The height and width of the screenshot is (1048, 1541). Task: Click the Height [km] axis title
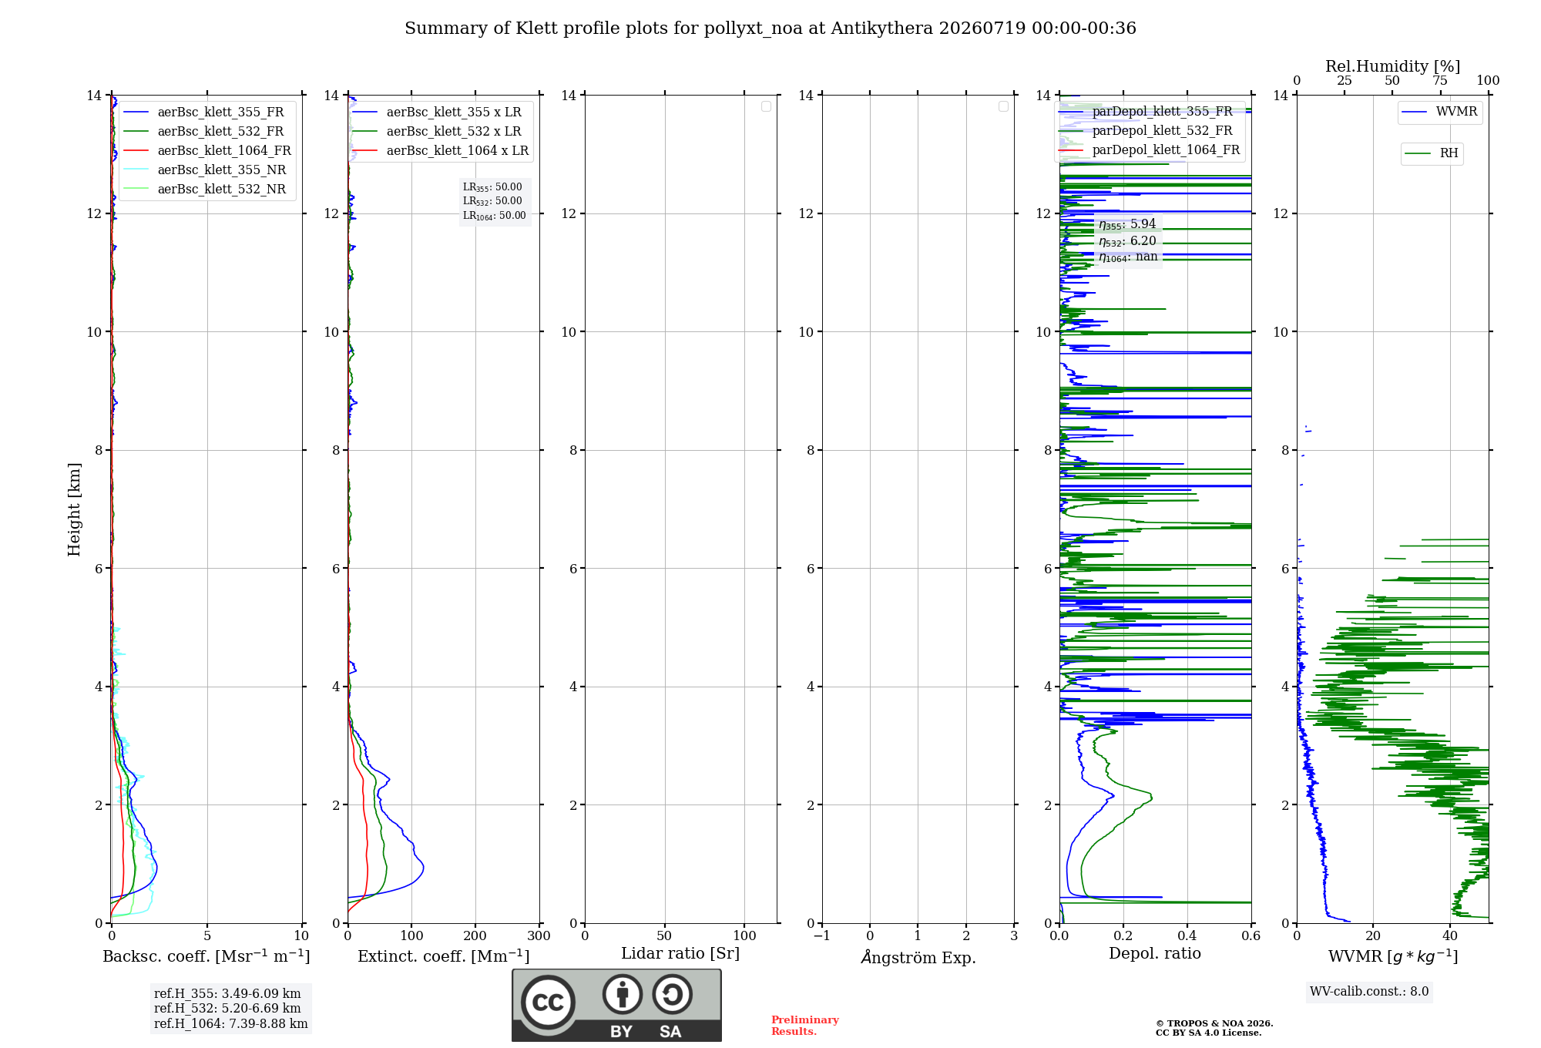point(74,509)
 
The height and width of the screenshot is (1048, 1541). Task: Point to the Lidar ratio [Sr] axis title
point(680,953)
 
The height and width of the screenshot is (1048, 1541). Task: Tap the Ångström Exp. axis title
point(918,956)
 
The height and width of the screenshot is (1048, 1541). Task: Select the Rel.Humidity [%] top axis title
point(1392,66)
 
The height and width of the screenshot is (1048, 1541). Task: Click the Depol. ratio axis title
point(1155,953)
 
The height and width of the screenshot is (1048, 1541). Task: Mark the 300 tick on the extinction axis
point(539,935)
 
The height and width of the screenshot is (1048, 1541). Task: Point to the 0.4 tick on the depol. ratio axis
point(1187,935)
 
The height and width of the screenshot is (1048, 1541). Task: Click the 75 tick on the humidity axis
point(1439,80)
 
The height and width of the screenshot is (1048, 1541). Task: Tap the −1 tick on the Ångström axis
point(822,935)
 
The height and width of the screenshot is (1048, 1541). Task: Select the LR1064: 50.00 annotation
point(494,216)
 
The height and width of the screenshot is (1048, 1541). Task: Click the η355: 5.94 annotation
point(1127,224)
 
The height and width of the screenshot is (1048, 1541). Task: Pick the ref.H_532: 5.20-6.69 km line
point(227,1008)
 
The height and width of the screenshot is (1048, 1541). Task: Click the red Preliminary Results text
point(805,1026)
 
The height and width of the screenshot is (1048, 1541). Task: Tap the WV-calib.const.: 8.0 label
point(1369,992)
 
